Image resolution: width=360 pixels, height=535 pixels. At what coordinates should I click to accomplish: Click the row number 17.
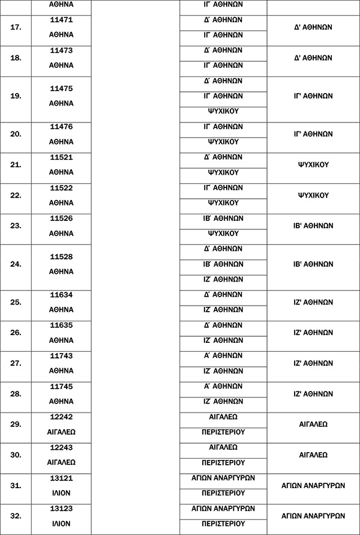[x=16, y=28]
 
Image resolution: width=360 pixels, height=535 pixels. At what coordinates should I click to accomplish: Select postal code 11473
[x=61, y=50]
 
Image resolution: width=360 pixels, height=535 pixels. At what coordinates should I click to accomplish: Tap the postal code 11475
[x=61, y=88]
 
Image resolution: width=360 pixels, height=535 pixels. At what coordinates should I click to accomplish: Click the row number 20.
[x=16, y=135]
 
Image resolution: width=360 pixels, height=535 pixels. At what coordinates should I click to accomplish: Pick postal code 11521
[x=61, y=157]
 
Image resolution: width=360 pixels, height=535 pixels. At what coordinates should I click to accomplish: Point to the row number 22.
[x=16, y=196]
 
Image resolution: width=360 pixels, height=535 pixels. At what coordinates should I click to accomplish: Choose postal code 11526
[x=61, y=219]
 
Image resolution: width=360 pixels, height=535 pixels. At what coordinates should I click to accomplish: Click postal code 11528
[x=61, y=256]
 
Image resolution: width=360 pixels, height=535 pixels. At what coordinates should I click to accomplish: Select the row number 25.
[x=16, y=303]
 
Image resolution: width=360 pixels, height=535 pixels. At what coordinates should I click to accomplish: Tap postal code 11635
[x=61, y=325]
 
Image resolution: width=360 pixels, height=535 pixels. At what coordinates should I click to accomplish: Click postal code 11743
[x=61, y=356]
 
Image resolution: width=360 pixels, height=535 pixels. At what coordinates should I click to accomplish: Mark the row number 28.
[x=16, y=394]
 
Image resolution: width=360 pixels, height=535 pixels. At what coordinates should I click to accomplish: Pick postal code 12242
[x=61, y=417]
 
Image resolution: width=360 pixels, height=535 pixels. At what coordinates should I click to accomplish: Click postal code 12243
[x=61, y=447]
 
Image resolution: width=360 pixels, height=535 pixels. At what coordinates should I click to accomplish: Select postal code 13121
[x=61, y=478]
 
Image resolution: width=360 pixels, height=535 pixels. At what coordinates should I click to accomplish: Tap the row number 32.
[x=16, y=516]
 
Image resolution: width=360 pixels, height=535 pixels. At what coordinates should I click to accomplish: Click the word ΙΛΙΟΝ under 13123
[x=61, y=524]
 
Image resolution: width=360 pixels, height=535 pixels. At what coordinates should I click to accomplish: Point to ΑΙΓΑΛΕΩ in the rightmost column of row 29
[x=313, y=424]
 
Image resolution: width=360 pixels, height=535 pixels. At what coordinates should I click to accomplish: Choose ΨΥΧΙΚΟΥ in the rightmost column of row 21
[x=313, y=165]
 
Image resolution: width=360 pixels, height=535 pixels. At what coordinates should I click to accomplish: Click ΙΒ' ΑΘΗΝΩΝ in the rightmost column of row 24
[x=313, y=264]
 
